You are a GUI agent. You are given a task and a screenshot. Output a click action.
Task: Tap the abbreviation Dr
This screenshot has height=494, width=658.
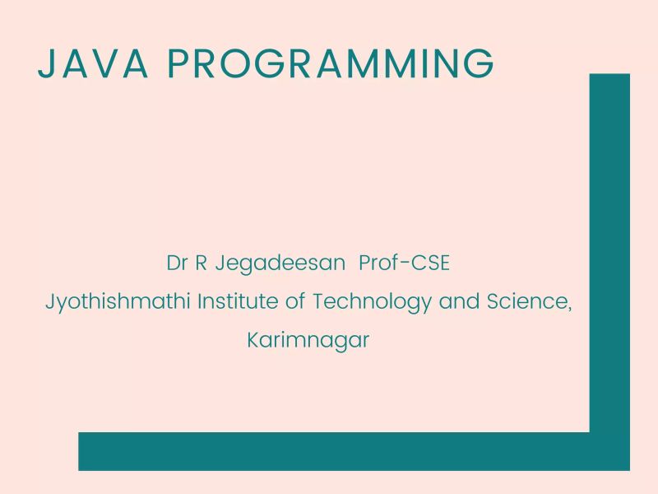click(176, 265)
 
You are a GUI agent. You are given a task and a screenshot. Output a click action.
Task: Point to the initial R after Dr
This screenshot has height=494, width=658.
click(198, 265)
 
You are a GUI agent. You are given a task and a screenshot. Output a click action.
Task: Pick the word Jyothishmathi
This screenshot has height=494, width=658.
click(118, 302)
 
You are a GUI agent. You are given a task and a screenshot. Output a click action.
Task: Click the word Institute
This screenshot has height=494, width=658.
click(236, 301)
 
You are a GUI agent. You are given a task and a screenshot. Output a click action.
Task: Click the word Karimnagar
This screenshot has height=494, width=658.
click(308, 340)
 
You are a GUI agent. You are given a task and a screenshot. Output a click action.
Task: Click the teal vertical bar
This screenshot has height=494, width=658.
click(609, 247)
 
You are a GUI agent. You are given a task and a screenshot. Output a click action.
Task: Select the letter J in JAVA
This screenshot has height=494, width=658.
click(46, 64)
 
